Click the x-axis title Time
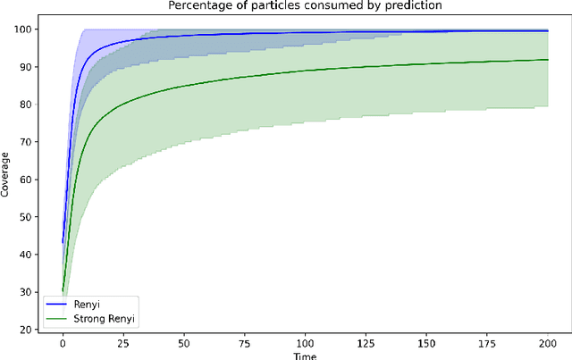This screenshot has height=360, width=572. (x=305, y=355)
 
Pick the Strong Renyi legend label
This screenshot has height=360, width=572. (x=105, y=318)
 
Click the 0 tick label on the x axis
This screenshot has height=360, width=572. (x=63, y=342)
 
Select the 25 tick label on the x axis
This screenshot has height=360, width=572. (x=123, y=342)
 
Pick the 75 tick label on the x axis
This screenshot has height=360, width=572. (x=244, y=342)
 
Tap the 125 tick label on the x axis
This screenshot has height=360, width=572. (x=366, y=342)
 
